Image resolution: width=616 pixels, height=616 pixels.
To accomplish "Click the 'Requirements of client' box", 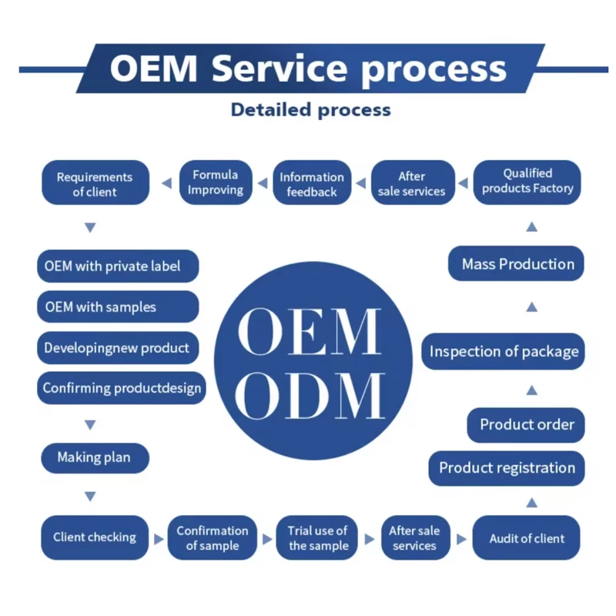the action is pyautogui.click(x=95, y=183).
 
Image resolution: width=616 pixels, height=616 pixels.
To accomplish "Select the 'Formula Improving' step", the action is pyautogui.click(x=215, y=182).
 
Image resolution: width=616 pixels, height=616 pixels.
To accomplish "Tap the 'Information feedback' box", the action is pyautogui.click(x=312, y=184).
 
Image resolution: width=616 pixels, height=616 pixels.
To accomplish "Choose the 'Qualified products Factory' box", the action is pyautogui.click(x=527, y=182).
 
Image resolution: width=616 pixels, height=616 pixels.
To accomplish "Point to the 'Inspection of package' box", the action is pyautogui.click(x=504, y=352).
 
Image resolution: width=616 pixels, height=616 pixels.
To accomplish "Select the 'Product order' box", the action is pyautogui.click(x=527, y=424).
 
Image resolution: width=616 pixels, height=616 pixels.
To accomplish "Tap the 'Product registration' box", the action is pyautogui.click(x=507, y=467).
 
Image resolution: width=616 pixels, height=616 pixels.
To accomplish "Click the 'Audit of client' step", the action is pyautogui.click(x=527, y=538).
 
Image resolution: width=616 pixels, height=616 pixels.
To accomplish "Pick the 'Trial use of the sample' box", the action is pyautogui.click(x=317, y=537).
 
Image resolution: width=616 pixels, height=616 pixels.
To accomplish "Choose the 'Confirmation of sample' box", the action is pyautogui.click(x=212, y=537).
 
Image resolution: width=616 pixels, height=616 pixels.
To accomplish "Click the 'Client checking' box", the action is pyautogui.click(x=94, y=537).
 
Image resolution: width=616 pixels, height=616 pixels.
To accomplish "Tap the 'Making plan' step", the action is pyautogui.click(x=94, y=457).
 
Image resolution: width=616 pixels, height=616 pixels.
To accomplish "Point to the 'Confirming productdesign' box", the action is pyautogui.click(x=121, y=388).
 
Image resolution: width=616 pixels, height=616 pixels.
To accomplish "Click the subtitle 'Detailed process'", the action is pyautogui.click(x=310, y=110).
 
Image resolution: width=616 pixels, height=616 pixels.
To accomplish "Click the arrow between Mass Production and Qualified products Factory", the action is pyautogui.click(x=531, y=227).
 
